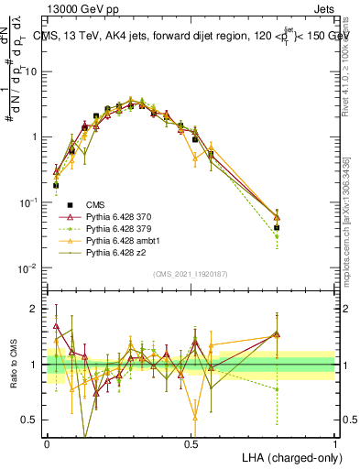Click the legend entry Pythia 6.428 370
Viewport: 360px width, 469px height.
point(116,216)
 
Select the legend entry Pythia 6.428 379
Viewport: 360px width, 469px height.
point(116,228)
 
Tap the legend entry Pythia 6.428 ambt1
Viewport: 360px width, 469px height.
point(119,240)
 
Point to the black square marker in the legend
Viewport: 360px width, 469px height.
point(69,204)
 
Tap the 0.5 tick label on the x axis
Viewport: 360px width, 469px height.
point(191,443)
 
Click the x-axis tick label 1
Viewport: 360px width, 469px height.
point(334,443)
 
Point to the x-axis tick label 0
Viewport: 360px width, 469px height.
point(47,443)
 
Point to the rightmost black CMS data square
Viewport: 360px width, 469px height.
point(277,227)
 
